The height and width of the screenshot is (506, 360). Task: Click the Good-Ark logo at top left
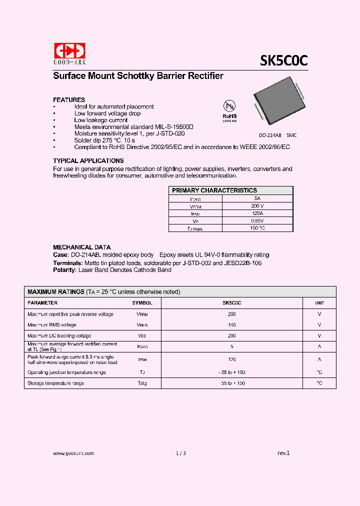(69, 53)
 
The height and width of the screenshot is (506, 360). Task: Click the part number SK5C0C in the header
(283, 60)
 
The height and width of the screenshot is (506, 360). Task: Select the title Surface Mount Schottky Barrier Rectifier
(138, 76)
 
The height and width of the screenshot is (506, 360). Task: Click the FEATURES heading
(69, 99)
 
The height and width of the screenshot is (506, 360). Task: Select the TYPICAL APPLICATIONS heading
(88, 161)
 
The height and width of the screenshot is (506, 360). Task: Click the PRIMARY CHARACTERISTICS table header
(214, 190)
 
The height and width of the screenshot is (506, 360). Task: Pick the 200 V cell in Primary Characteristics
(257, 205)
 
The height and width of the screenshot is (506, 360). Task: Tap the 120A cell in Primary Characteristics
(257, 213)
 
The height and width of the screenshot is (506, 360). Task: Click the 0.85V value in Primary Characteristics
(257, 220)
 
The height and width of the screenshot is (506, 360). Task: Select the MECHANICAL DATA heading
(82, 247)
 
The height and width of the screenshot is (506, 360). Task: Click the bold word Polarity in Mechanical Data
(64, 270)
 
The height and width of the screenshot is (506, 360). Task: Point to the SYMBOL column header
(142, 303)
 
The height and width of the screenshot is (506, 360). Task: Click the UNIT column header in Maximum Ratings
(319, 303)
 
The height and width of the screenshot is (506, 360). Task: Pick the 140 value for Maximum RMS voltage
(231, 325)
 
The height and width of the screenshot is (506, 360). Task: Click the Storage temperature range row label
(55, 383)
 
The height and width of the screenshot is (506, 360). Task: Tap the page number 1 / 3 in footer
(180, 453)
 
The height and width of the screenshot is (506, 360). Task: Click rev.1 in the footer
(283, 453)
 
